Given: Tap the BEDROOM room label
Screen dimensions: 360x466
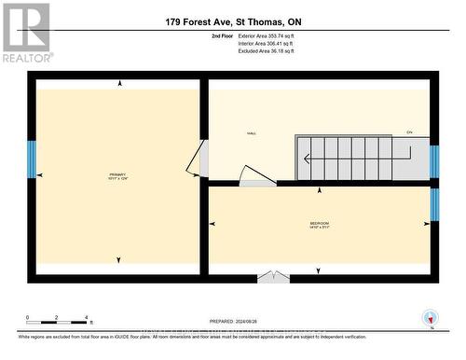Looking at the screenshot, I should click(x=319, y=224).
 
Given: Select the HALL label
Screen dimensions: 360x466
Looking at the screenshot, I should click(x=252, y=133).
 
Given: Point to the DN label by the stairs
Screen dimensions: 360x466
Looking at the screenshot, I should click(x=408, y=132).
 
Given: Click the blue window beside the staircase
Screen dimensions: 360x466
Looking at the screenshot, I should click(x=434, y=160).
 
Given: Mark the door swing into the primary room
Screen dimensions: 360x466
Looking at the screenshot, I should click(x=197, y=159).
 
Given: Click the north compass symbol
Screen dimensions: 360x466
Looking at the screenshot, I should click(x=430, y=317).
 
